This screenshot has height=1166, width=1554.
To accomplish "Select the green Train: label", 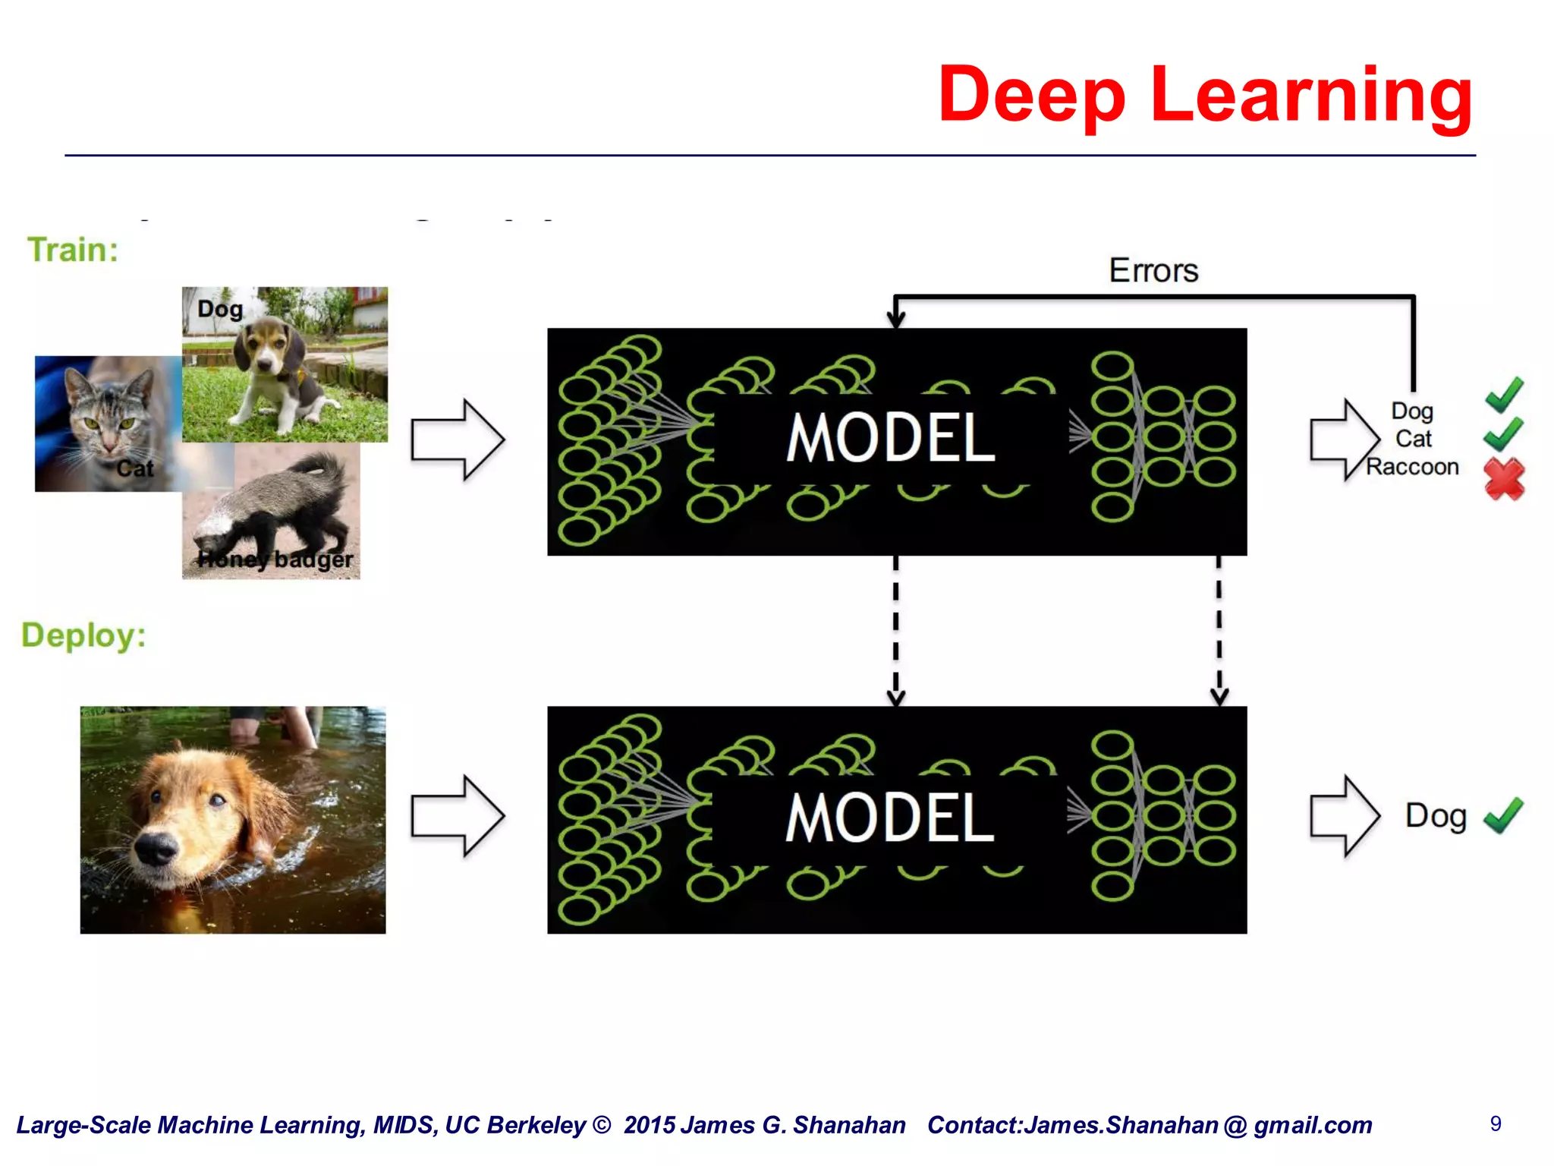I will (73, 250).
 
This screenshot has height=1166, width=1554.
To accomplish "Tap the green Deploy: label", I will (83, 635).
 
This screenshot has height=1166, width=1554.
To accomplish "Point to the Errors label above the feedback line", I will (1153, 271).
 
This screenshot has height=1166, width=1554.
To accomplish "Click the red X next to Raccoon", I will (1504, 478).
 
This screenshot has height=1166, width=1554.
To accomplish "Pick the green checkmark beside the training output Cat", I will (1502, 434).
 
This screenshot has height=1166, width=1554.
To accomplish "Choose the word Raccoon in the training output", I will (1412, 467).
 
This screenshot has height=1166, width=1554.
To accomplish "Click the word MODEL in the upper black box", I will (890, 439).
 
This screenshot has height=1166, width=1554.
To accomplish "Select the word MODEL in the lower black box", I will (890, 818).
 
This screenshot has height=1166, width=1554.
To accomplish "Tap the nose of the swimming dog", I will (156, 849).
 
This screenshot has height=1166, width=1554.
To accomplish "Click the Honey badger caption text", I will (275, 560).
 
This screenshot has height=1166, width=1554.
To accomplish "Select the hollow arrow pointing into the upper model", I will (458, 440).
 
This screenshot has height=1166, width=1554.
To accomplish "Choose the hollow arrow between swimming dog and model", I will (458, 817).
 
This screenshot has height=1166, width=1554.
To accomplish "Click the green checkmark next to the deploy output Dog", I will (1503, 815).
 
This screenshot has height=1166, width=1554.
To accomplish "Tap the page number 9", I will (1496, 1123).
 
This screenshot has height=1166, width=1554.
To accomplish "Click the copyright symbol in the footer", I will (602, 1125).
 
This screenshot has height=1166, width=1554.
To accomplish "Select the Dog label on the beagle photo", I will (220, 310).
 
